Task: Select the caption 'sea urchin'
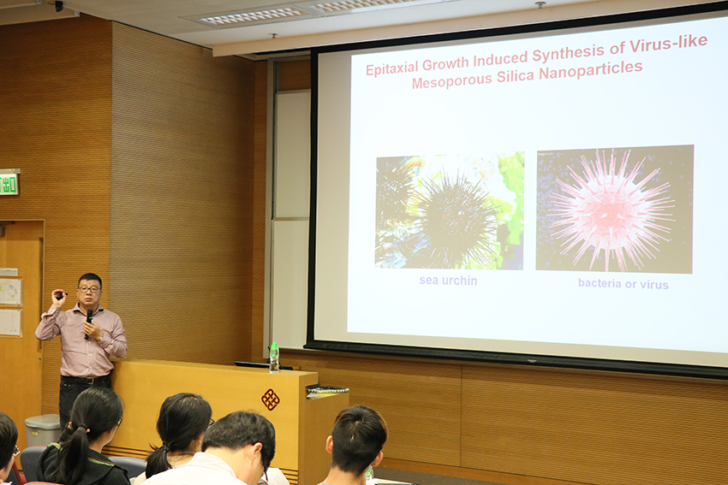[x=448, y=281]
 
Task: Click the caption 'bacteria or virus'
[x=623, y=284]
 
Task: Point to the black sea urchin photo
[x=450, y=211]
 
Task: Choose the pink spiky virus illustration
[x=614, y=209]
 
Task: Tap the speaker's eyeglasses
[x=89, y=289]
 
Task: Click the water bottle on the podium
[x=274, y=358]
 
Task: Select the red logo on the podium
[x=270, y=399]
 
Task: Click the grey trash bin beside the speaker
[x=43, y=429]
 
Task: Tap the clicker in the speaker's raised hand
[x=60, y=295]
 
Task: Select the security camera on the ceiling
[x=58, y=6]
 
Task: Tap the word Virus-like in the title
[x=669, y=44]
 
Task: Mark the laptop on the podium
[x=264, y=365]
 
